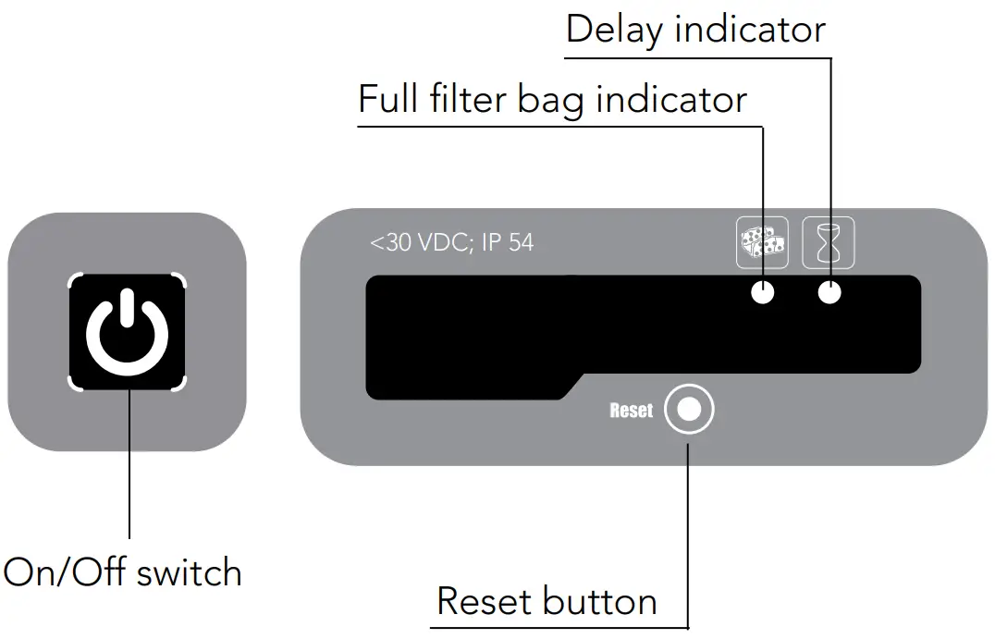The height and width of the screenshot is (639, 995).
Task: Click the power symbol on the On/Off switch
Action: tap(128, 332)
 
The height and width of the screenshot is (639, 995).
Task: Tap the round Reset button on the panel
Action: tap(690, 410)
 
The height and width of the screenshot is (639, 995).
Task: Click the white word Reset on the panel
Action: tap(632, 411)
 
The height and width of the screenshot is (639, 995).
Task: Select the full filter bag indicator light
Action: tap(762, 293)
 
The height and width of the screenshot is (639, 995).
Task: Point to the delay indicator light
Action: tap(829, 293)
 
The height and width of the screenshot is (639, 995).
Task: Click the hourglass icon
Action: tap(829, 242)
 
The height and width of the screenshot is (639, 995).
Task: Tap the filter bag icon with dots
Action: tap(762, 242)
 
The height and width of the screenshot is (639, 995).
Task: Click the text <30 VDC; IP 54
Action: tap(451, 243)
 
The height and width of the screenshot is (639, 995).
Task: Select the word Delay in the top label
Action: tap(613, 30)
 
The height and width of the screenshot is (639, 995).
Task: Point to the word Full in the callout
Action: tap(386, 98)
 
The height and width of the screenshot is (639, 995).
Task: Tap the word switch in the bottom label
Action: tap(189, 572)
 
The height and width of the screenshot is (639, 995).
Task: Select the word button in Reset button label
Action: tap(600, 601)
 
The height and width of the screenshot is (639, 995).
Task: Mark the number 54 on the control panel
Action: tap(520, 243)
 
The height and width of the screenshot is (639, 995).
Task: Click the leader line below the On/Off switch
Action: tap(129, 462)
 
